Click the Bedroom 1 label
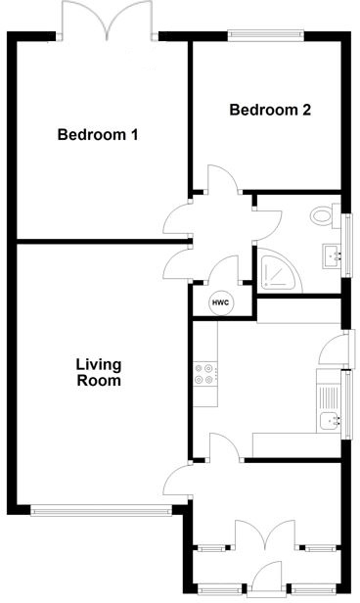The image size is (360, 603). point(97,134)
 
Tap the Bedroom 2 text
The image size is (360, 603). point(270,110)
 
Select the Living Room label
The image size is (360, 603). point(99,373)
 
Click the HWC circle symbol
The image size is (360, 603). point(221,302)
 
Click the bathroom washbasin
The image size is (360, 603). point(332,256)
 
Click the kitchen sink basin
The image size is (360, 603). point(331,420)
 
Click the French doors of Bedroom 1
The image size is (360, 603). point(108,22)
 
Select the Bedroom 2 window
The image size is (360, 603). point(265,36)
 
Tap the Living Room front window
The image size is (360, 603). point(101,509)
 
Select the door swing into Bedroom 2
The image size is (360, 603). point(221,179)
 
